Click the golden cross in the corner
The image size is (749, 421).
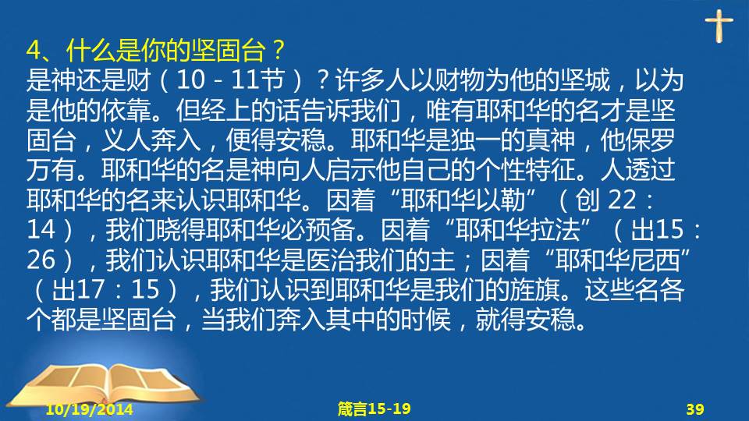coord(719,25)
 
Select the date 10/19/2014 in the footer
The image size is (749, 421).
coord(89,409)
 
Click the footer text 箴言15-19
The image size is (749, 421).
coord(374,409)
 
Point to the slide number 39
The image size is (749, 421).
coord(695,409)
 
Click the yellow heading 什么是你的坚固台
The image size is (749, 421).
coord(165,50)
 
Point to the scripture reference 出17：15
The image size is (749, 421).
coord(105,289)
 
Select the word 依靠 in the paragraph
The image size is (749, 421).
coord(126,110)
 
